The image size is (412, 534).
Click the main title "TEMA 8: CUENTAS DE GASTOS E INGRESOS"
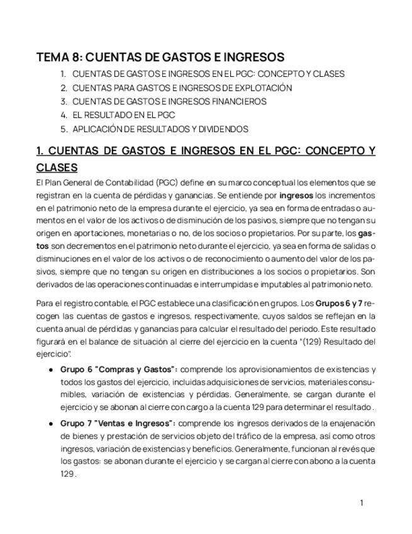(x=160, y=57)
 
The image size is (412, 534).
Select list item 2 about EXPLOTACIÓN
(x=182, y=88)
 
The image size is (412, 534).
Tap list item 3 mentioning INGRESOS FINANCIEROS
(x=169, y=101)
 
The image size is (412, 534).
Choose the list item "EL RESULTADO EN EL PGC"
(x=123, y=115)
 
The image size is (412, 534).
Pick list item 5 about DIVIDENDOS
(x=160, y=129)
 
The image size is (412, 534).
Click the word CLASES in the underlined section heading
(x=57, y=168)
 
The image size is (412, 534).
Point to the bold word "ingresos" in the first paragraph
(x=296, y=196)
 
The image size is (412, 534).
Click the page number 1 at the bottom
(x=362, y=503)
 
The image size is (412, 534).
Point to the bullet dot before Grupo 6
(x=50, y=370)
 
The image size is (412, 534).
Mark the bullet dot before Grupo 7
(x=50, y=424)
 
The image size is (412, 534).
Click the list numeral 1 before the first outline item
(x=63, y=74)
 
